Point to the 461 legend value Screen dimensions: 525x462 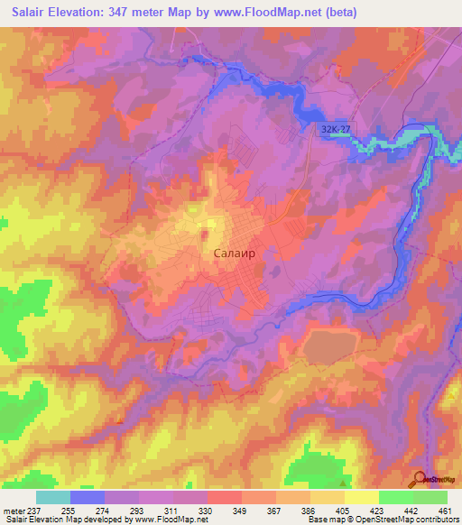point(444,509)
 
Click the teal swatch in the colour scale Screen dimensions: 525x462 point(53,497)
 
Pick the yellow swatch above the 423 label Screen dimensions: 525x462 point(361,497)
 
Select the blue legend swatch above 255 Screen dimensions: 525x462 point(88,497)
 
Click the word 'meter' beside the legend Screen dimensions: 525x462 point(12,509)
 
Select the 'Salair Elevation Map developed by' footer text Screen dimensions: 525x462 point(59,520)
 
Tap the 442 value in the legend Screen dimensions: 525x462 point(411,509)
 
